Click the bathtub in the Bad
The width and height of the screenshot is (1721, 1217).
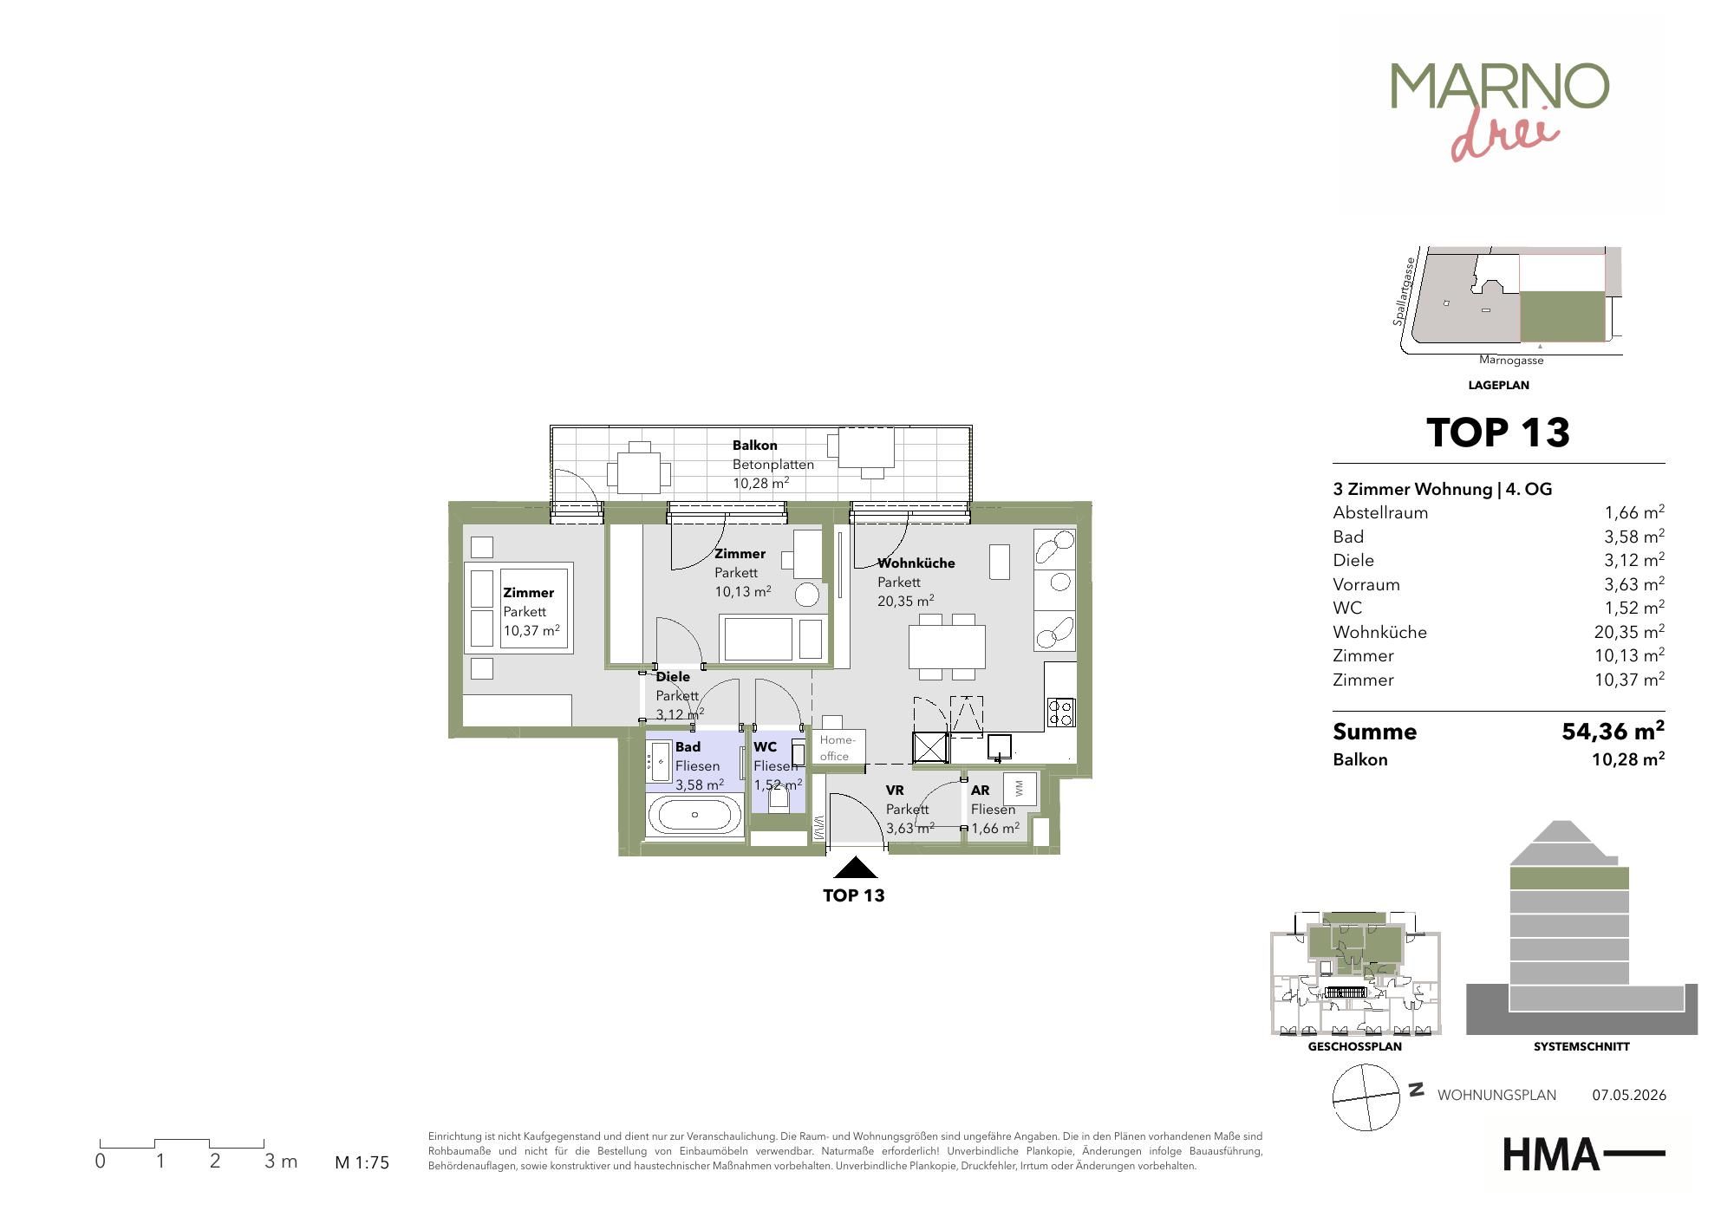coord(694,815)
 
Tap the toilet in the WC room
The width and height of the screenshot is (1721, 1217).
coord(779,800)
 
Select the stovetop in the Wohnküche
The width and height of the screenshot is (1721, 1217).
coord(1061,712)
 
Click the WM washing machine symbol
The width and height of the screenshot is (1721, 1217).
coord(1019,788)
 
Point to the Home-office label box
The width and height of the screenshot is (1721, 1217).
coord(838,747)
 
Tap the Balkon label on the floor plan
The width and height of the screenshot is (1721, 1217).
coord(754,446)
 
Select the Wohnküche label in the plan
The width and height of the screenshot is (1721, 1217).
coord(916,563)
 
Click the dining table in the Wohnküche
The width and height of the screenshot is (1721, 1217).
coord(947,647)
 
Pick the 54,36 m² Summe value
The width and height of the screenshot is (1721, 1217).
coord(1613,731)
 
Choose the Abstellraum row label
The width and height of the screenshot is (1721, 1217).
coord(1380,512)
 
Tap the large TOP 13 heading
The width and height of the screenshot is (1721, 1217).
coord(1498,433)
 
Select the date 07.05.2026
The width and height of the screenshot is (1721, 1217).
coord(1629,1095)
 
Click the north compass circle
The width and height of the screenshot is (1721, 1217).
coord(1366,1097)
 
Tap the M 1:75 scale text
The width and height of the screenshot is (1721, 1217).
coord(362,1162)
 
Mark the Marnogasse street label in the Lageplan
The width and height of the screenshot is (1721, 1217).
coord(1511,361)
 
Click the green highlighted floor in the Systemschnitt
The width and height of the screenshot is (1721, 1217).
coord(1569,878)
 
